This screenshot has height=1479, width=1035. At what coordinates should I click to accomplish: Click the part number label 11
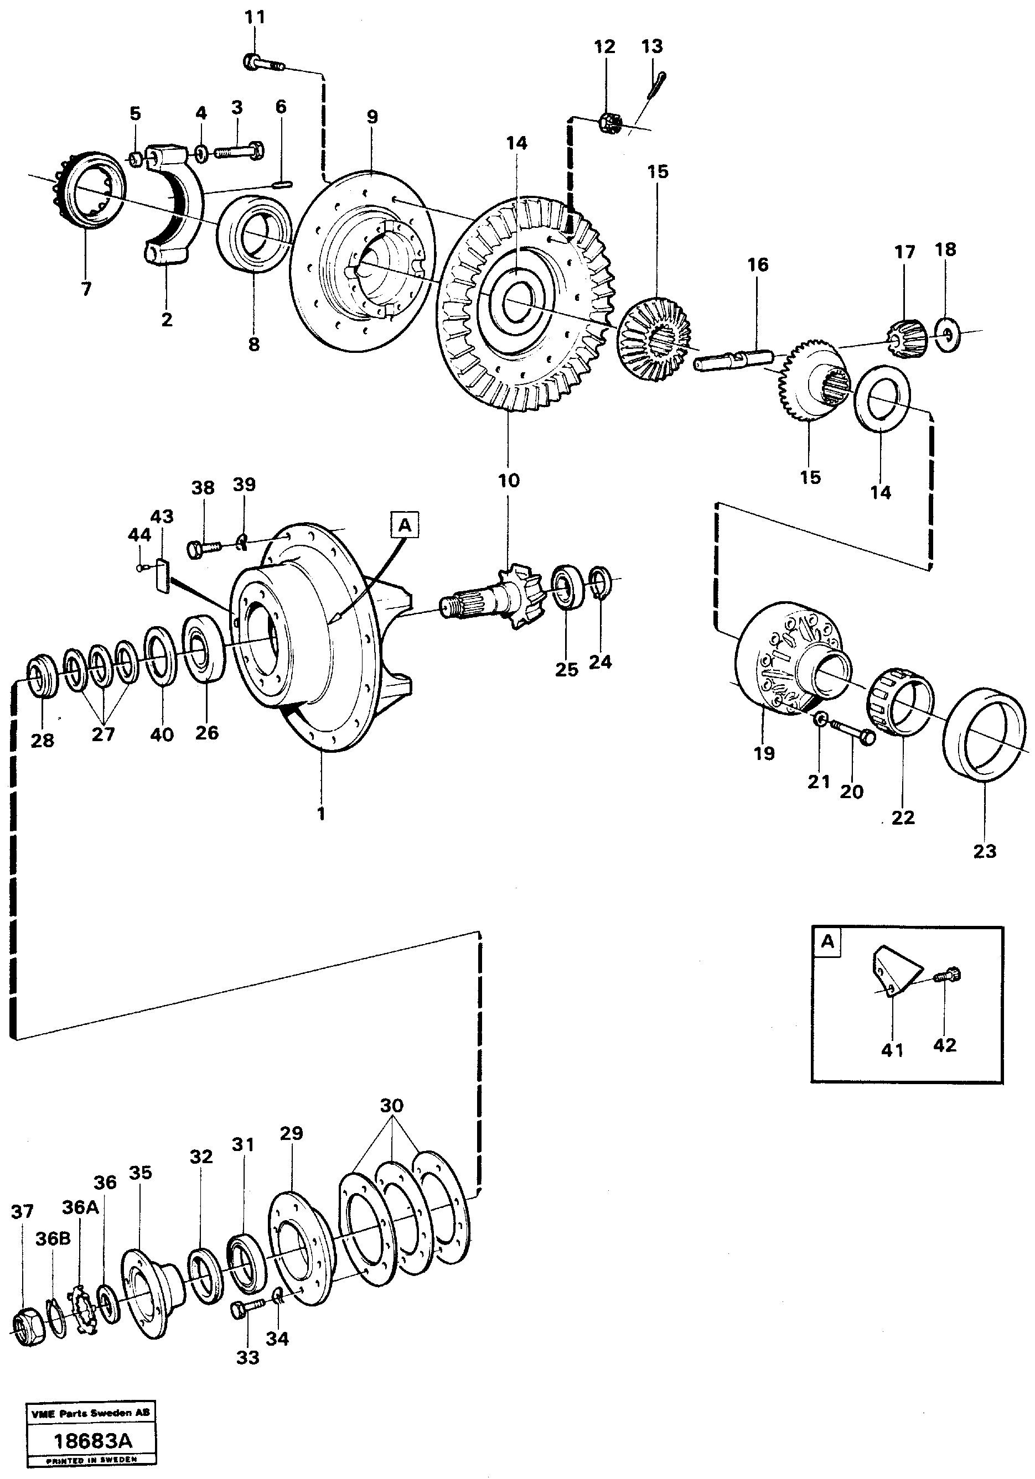point(255,17)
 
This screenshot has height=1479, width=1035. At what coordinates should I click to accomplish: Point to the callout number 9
point(372,117)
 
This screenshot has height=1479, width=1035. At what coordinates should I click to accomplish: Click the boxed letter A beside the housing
point(405,525)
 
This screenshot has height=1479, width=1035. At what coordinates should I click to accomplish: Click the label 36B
point(53,1239)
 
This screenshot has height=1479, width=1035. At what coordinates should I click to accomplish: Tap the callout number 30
point(391,1106)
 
